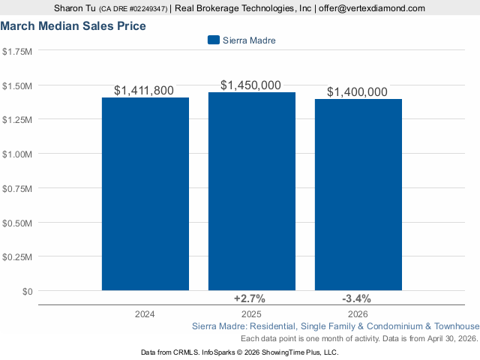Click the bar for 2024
145,193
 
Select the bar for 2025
252,191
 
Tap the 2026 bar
358,194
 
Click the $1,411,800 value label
144,91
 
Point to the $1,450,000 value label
250,85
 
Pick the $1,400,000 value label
357,92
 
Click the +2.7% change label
250,298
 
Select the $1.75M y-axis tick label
17,51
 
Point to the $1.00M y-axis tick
17,154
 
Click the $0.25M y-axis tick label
17,256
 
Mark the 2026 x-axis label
357,313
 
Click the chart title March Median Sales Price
73,26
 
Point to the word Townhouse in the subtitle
456,327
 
